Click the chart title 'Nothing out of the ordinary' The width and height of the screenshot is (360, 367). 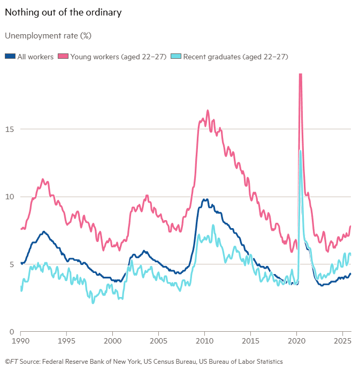pos(63,12)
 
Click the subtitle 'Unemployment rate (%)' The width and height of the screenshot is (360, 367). pos(48,36)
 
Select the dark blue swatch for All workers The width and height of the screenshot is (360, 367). pos(10,56)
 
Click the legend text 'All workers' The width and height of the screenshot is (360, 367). pos(35,56)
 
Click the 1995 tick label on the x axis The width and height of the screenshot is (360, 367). pos(66,340)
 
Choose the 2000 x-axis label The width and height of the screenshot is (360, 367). pos(112,340)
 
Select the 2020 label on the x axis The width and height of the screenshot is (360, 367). pos(297,340)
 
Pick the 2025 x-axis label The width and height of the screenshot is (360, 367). pos(342,340)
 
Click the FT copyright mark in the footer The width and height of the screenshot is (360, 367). pos(11,362)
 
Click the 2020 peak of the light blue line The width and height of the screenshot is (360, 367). pos(301,151)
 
